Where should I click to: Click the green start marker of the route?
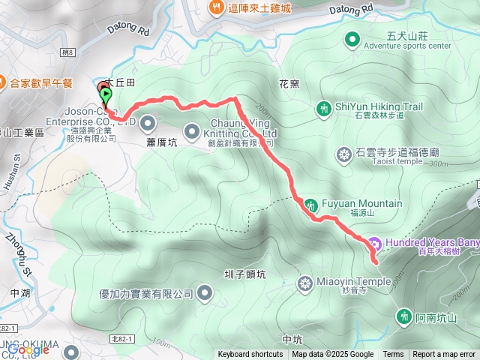106,95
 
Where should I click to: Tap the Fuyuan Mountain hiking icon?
310,204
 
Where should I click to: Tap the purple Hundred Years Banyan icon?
374,243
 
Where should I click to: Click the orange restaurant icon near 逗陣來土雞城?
215,7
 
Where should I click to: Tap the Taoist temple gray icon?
343,154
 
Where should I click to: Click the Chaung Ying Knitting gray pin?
191,129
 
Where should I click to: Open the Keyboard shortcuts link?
250,355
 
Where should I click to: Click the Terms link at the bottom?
393,355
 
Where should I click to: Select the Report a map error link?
444,355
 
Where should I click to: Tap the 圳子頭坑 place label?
244,274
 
